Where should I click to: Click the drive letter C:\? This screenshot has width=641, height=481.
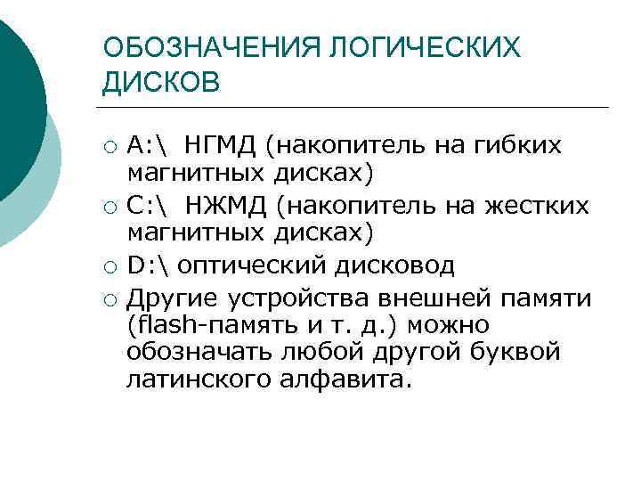[149, 206]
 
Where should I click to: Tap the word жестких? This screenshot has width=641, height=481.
[537, 206]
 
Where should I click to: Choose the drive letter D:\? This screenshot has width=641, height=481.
[149, 265]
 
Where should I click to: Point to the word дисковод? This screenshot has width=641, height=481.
[398, 265]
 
